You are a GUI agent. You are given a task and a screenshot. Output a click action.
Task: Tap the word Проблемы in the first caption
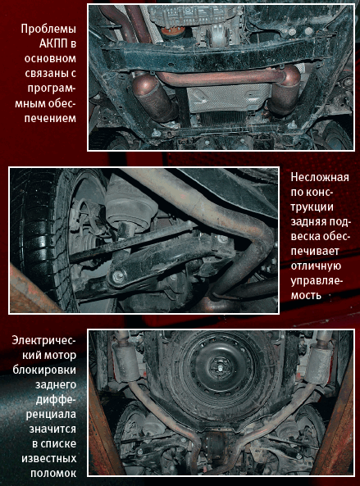click(48, 29)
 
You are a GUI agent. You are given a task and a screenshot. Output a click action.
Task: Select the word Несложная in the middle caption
click(320, 177)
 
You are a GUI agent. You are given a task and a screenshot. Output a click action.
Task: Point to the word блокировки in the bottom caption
click(44, 370)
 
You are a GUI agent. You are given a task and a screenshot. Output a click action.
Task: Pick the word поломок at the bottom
click(53, 474)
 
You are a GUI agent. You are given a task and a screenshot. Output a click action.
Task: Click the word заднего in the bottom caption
click(56, 384)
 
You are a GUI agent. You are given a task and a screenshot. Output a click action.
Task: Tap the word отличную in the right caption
click(316, 266)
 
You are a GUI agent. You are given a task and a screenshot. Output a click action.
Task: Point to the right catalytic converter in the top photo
click(285, 90)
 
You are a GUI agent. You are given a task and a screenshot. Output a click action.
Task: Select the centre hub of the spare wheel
click(221, 368)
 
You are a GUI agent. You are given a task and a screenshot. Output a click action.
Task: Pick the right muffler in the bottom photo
click(319, 362)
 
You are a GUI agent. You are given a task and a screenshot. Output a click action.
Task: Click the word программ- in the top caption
click(52, 89)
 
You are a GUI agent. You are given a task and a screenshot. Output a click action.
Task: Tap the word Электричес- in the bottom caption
click(43, 340)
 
